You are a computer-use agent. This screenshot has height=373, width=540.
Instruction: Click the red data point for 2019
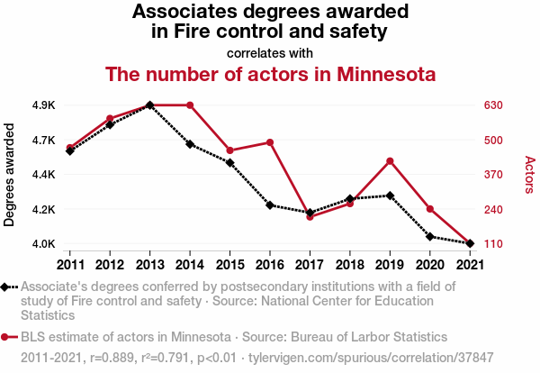pyautogui.click(x=389, y=161)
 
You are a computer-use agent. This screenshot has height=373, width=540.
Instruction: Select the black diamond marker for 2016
pyautogui.click(x=269, y=205)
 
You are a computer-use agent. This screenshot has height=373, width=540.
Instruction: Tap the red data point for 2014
pyautogui.click(x=190, y=105)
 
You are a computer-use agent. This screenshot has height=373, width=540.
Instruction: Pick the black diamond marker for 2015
pyautogui.click(x=229, y=162)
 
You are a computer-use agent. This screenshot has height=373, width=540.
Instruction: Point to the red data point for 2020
pyautogui.click(x=429, y=209)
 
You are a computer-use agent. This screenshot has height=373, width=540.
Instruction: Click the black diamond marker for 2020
pyautogui.click(x=429, y=237)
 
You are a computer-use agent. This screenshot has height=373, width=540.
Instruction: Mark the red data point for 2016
pyautogui.click(x=269, y=142)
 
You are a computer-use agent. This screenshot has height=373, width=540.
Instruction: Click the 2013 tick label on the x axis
pyautogui.click(x=149, y=265)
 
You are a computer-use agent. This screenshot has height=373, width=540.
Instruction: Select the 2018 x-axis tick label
pyautogui.click(x=349, y=265)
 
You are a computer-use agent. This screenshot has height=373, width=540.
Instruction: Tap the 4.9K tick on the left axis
pyautogui.click(x=42, y=105)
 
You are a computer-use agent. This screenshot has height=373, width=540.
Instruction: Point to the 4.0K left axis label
pyautogui.click(x=42, y=244)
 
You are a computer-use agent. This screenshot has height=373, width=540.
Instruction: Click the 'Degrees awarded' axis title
pyautogui.click(x=10, y=175)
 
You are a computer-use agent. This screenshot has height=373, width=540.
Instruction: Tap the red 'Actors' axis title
pyautogui.click(x=529, y=175)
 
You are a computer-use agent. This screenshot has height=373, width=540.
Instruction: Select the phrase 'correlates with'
pyautogui.click(x=270, y=52)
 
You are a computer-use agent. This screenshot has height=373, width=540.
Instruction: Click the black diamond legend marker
pyautogui.click(x=8, y=287)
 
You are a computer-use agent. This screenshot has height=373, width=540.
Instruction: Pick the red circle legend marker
pyautogui.click(x=8, y=337)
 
